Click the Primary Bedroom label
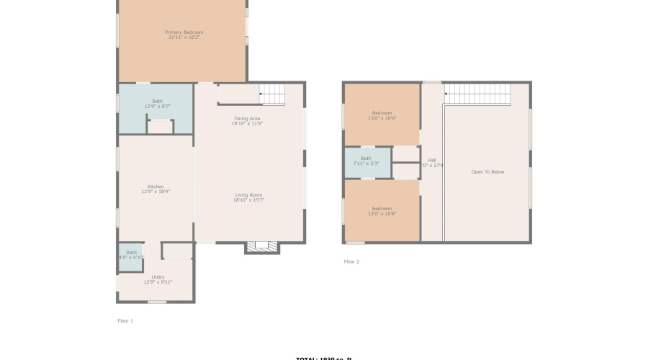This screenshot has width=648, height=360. point(184,32)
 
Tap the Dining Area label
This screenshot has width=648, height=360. point(247,118)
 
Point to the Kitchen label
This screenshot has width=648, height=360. point(156,186)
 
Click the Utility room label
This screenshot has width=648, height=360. point(158,276)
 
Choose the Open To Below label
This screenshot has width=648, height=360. point(487,171)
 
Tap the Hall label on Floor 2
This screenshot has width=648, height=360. point(432,160)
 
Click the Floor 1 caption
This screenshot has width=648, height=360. point(125,320)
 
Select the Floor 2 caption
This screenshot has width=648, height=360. point(351,261)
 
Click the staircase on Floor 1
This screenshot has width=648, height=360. point(272,94)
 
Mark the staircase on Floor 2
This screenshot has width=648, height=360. point(477,94)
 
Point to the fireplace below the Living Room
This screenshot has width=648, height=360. point(262,247)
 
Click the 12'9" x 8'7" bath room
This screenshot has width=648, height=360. point(156,108)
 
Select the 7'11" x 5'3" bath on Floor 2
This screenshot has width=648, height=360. point(366,161)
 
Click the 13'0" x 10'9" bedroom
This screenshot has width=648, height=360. point(382,115)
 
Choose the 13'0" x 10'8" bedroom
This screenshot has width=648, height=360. point(382,211)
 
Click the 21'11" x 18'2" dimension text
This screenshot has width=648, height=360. point(184,37)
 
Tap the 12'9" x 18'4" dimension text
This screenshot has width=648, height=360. point(156,192)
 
